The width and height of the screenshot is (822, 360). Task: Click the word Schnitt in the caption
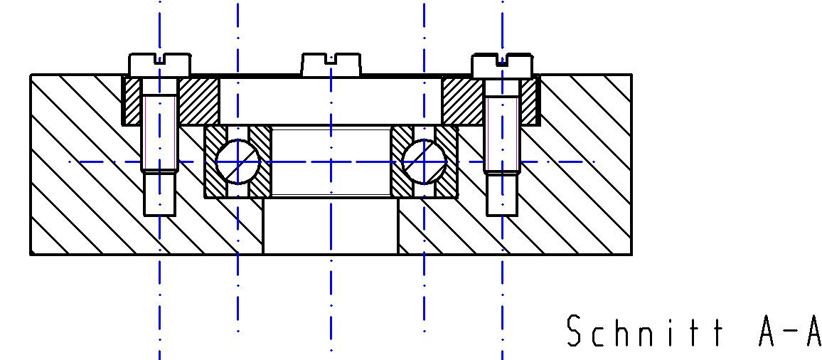tap(646, 331)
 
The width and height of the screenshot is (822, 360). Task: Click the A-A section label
tap(789, 331)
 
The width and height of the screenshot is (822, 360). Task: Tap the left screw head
tap(160, 64)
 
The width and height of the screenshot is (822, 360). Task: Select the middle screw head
tap(331, 64)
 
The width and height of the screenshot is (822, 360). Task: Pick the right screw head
tap(502, 65)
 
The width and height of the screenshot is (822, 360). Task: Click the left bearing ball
tap(237, 162)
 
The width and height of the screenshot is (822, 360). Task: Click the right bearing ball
tap(424, 162)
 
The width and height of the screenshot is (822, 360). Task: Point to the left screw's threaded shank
tap(160, 133)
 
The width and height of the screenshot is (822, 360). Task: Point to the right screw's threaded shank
tap(502, 133)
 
